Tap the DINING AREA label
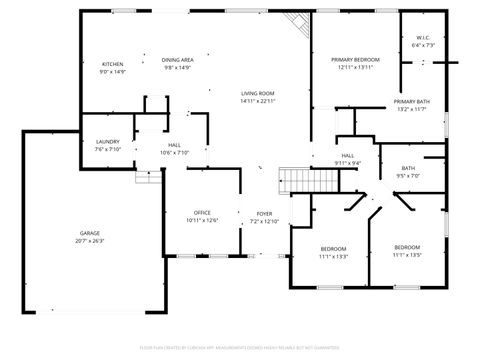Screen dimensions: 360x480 (177, 60)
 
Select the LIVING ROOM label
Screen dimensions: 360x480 (257, 93)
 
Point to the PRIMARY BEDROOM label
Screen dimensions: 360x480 (356, 60)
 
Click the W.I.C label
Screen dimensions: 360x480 (422, 37)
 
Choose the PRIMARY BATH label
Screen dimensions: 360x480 (411, 102)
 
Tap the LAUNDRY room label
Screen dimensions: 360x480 (108, 142)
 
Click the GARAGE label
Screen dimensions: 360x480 (90, 233)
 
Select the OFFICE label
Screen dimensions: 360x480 (201, 213)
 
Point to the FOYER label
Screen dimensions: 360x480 (264, 213)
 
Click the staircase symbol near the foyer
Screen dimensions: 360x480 (311, 181)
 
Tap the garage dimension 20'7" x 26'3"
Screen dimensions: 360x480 (90, 241)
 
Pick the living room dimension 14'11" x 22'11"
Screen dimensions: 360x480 (257, 101)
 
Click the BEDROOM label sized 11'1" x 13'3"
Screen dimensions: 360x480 (333, 248)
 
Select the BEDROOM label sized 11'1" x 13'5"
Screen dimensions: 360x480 (406, 247)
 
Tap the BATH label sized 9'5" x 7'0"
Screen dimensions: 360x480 (408, 168)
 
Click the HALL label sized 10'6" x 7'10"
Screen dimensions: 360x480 (174, 146)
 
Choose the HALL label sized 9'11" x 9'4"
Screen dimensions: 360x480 (348, 156)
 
